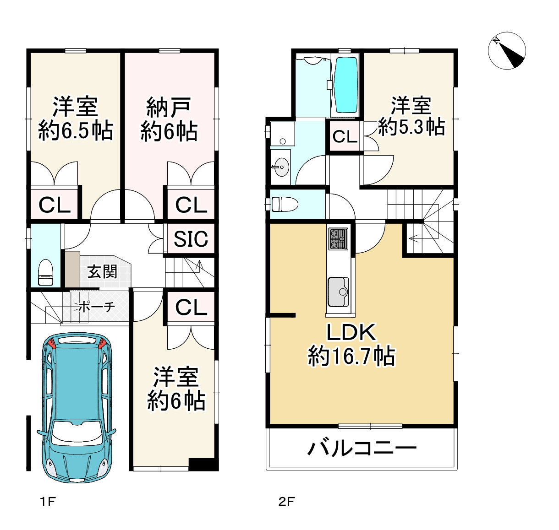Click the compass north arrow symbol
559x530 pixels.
507,50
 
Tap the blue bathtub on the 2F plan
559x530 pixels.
347,85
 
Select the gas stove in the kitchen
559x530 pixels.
338,239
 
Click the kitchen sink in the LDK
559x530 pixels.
338,292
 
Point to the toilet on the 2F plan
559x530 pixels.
285,204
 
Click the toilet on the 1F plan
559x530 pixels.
45,272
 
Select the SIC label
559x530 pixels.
191,239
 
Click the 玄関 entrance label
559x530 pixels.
102,272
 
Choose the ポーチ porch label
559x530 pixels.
96,307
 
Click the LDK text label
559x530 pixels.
351,332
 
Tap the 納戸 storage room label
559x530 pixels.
168,107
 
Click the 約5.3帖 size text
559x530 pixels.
411,127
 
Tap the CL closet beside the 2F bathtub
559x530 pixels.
345,136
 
